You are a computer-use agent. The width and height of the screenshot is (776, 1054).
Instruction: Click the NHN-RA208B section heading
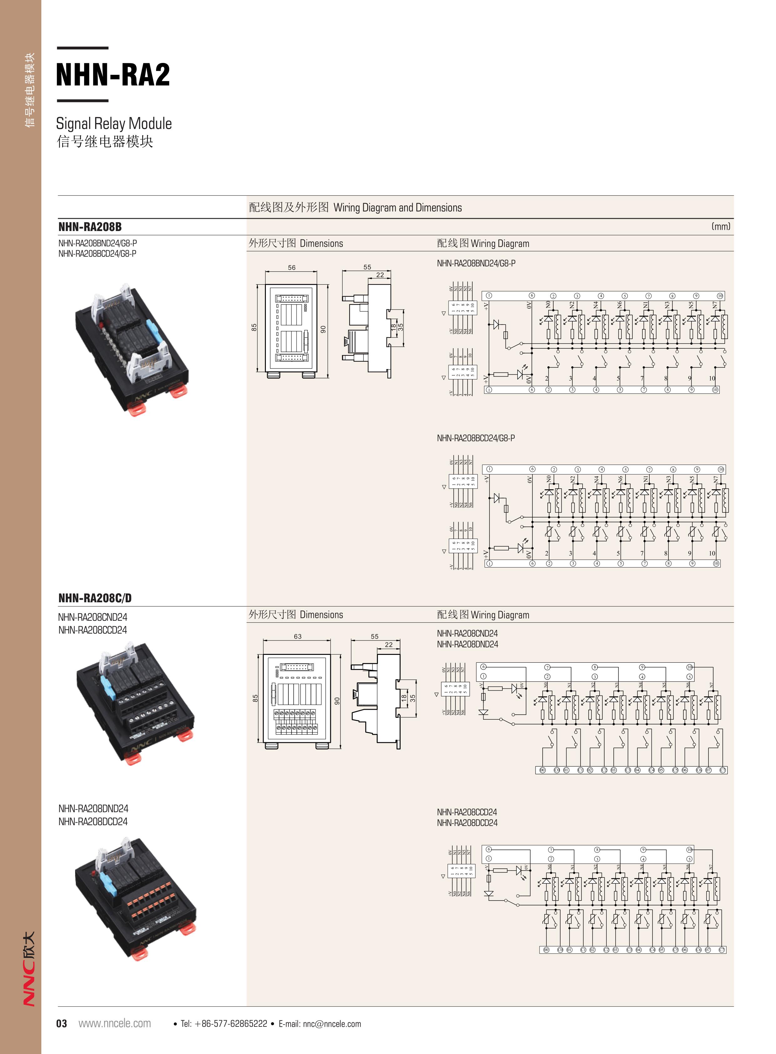point(90,227)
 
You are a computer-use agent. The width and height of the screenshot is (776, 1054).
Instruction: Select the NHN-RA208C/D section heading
point(95,598)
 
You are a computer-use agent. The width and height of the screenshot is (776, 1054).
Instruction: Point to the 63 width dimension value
point(297,636)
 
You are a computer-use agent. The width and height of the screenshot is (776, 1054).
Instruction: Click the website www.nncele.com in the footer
point(114,1023)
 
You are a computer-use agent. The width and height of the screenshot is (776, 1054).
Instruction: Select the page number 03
point(62,1023)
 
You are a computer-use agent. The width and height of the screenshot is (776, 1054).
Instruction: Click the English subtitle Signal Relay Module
point(114,124)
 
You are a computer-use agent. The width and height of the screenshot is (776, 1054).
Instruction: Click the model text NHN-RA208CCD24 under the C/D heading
point(93,630)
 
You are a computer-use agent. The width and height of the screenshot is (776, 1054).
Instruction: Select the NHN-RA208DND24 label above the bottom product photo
point(93,809)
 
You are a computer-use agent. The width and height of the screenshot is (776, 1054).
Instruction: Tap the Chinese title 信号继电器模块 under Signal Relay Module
point(105,141)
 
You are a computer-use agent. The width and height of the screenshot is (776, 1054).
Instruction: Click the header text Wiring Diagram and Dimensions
point(398,208)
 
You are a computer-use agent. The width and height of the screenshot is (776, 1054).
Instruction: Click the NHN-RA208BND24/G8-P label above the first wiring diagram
point(476,263)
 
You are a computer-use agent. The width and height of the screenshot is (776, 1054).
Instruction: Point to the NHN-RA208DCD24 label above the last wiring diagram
point(467,823)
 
